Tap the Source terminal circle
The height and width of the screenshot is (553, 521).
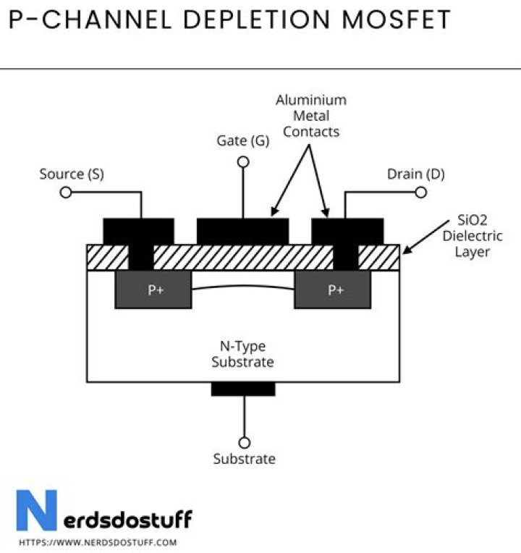65,193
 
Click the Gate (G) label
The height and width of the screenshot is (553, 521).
243,141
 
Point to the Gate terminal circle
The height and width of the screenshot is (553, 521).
243,162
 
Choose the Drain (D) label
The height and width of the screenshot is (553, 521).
415,174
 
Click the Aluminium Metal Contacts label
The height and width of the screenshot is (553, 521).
311,116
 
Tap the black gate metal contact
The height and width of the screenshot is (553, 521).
242,230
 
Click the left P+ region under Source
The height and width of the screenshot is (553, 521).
153,290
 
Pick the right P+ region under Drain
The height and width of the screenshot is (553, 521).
334,290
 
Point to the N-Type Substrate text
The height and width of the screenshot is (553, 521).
242,355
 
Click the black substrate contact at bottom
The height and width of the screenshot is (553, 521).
243,389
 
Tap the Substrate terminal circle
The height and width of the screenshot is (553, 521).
244,442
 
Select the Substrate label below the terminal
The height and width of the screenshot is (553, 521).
244,459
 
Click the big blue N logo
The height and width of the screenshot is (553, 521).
36,511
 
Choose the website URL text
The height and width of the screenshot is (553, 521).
98,541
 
